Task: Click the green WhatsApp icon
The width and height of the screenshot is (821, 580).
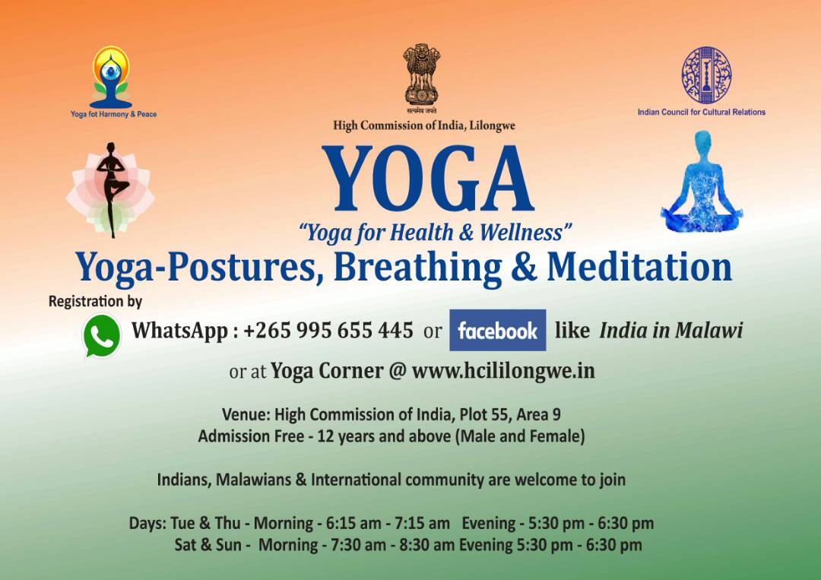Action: [x=102, y=335]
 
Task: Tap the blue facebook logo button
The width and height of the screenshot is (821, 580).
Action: [x=497, y=331]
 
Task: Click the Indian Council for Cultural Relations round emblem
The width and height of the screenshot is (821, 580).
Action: [x=706, y=74]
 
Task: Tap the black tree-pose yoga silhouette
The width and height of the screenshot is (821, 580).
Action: [x=111, y=189]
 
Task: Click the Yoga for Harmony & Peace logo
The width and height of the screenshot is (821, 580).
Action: [x=112, y=78]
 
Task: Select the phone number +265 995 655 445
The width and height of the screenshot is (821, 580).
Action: [x=328, y=331]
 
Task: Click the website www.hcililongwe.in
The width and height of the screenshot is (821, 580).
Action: [x=503, y=371]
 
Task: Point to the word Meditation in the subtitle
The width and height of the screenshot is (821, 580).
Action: [x=639, y=267]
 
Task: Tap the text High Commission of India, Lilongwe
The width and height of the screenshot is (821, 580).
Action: [x=424, y=125]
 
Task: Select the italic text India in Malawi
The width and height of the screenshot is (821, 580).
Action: [x=671, y=331]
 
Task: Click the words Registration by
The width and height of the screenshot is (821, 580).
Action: [x=95, y=302]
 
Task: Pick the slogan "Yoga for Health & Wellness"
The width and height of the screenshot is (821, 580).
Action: [x=435, y=233]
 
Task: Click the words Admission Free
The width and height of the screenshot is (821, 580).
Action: [x=251, y=436]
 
